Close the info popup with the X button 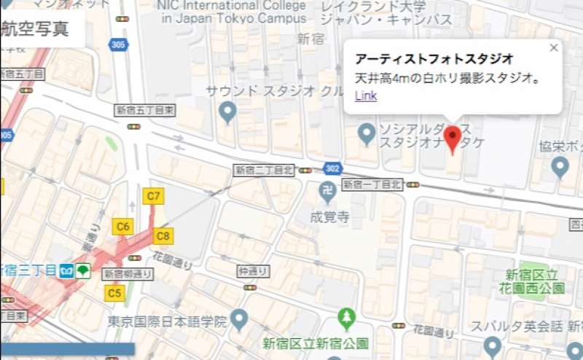553,48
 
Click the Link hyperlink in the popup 366,95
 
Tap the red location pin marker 453,138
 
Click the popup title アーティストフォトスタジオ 434,58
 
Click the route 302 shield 332,168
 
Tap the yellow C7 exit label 154,195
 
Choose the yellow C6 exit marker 123,226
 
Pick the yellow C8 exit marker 163,235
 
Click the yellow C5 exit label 114,293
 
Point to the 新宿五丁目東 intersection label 145,110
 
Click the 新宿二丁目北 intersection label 263,170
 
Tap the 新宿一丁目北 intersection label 372,184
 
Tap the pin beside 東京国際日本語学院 240,319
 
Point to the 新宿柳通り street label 128,274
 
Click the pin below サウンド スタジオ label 228,111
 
